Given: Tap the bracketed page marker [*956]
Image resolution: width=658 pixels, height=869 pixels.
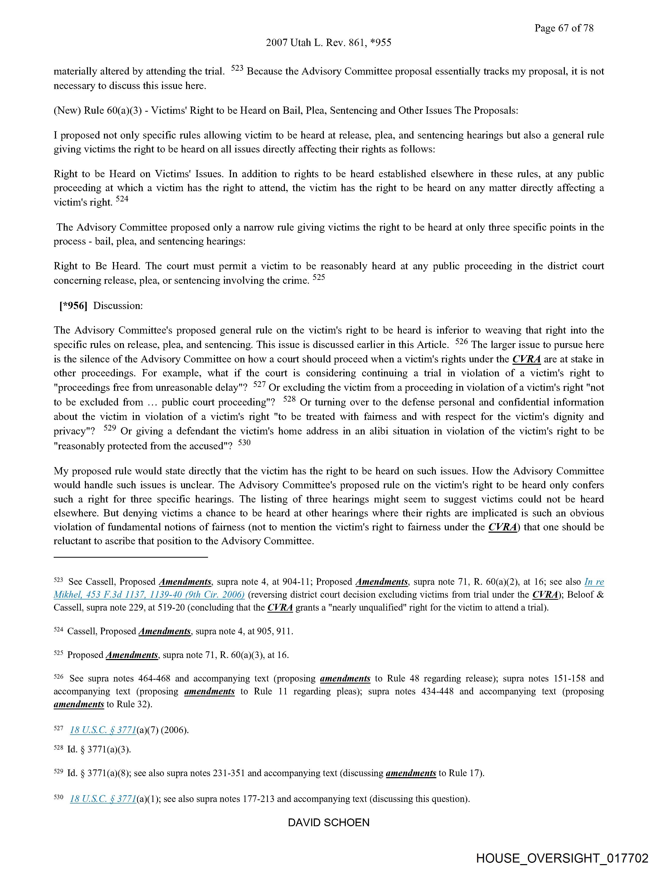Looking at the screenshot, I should click(x=73, y=306).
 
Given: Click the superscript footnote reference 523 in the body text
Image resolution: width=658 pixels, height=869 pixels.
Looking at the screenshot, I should click(x=237, y=68).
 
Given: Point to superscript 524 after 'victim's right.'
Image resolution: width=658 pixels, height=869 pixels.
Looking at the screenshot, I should click(x=122, y=199).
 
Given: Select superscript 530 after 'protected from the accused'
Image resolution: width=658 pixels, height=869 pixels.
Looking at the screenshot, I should click(x=244, y=443).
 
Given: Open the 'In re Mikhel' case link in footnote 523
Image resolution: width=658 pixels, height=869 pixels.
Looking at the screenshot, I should click(x=149, y=594).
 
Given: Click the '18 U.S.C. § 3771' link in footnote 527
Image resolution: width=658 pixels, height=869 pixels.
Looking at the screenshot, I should click(x=103, y=730).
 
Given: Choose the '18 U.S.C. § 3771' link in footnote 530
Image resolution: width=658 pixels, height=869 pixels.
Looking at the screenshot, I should click(x=103, y=799).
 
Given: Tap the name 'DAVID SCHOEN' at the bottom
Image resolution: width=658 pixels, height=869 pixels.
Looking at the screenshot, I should click(x=328, y=823).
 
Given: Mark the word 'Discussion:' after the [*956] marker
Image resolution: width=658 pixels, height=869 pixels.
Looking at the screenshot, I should click(x=118, y=306).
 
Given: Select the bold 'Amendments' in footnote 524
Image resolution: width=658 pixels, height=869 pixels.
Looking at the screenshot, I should click(x=165, y=631).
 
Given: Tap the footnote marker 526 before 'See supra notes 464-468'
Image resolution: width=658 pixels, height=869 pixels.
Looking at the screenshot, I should click(x=58, y=677).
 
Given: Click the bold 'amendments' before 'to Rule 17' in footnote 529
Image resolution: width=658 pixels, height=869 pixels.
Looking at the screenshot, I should click(x=411, y=773).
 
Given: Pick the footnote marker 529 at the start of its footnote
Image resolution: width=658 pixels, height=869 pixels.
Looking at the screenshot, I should click(x=58, y=771).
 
